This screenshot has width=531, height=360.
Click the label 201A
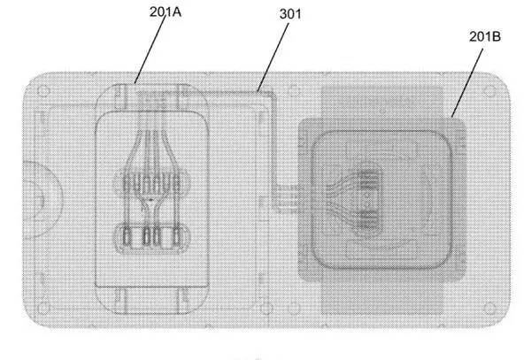pyautogui.click(x=165, y=12)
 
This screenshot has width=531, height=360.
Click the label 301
pyautogui.click(x=290, y=14)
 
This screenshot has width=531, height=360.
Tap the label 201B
pyautogui.click(x=485, y=36)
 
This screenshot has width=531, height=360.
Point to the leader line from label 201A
pyautogui.click(x=150, y=50)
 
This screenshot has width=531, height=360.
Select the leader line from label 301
pyautogui.click(x=273, y=57)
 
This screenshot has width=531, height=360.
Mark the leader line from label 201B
pyautogui.click(x=467, y=83)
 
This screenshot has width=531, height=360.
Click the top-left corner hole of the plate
pyautogui.click(x=43, y=91)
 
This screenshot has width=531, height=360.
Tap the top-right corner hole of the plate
pyautogui.click(x=489, y=91)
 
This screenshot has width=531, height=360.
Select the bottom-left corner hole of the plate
pyautogui.click(x=43, y=309)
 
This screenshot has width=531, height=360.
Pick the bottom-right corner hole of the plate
pyautogui.click(x=489, y=309)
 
